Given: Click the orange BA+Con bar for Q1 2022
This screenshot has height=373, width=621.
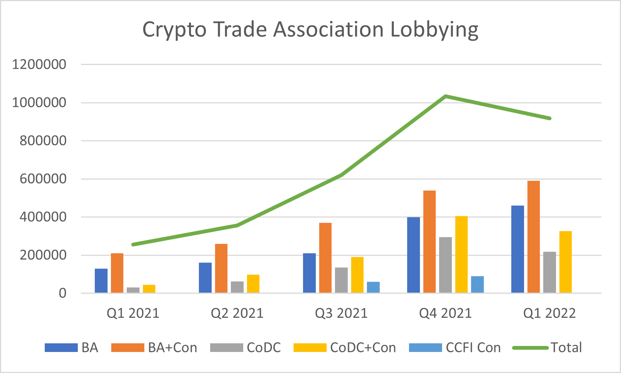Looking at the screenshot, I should coord(533,237).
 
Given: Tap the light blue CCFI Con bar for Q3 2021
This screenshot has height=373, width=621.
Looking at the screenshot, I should coord(373,287).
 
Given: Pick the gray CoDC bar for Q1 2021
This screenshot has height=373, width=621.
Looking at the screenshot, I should coord(133,290).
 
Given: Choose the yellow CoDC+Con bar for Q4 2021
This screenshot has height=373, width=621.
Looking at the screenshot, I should coord(461,254).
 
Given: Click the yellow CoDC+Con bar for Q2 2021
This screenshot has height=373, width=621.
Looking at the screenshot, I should coord(253,284).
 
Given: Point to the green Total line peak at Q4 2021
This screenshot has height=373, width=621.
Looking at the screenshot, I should coord(445,96).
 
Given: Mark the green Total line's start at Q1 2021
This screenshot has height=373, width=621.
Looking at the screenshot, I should coord(133,245).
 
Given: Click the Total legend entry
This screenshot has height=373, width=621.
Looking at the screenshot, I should coord(566,347).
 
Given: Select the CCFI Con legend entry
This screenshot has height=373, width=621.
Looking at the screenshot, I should coord(473,347).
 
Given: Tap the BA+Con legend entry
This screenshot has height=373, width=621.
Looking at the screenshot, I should coord(172,347).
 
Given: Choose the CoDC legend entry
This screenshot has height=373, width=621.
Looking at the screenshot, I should coord(264,347).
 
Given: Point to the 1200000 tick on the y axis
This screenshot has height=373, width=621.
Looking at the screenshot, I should coord(39,64).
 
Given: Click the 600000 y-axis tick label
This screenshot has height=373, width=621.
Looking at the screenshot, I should coord(39,179).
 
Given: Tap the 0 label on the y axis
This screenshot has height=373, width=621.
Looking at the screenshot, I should coord(62,293).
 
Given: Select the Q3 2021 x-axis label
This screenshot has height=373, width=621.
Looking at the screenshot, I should coord(341,313).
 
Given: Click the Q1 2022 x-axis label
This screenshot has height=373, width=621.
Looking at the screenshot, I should coord(550,313).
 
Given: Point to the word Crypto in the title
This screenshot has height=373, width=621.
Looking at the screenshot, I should coord(174,30).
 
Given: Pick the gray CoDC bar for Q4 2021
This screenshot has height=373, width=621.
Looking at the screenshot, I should coord(445,265).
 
